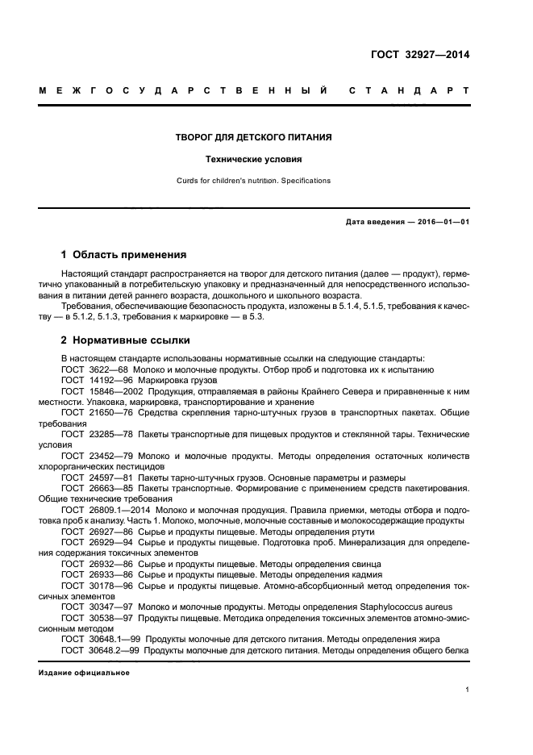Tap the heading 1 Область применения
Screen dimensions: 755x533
(123, 255)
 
